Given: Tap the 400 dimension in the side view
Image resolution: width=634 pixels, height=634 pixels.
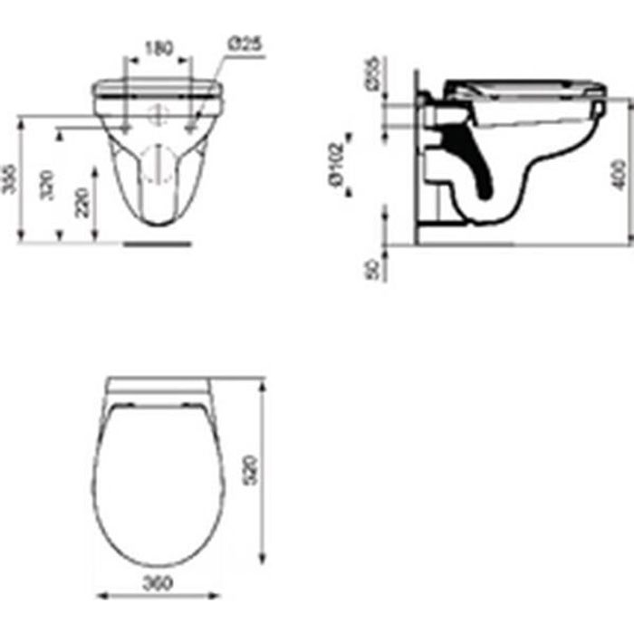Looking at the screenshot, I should pyautogui.click(x=619, y=168).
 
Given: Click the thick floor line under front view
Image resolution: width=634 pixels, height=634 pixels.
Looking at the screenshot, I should pyautogui.click(x=158, y=243).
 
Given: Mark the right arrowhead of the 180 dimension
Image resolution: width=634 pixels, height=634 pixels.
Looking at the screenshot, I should pyautogui.click(x=189, y=60).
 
